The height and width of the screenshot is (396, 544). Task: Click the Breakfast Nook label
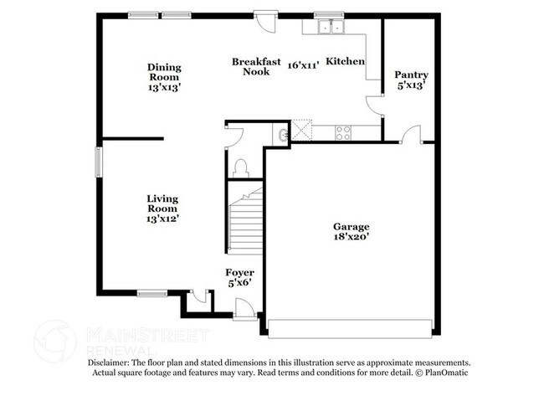(x=255, y=66)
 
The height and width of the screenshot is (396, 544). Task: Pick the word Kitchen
(x=345, y=61)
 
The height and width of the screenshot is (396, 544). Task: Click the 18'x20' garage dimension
(x=351, y=238)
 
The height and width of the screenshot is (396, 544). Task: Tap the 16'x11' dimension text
(x=303, y=65)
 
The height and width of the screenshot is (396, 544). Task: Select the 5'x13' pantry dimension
(x=411, y=86)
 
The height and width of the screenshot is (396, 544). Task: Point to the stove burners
(x=342, y=132)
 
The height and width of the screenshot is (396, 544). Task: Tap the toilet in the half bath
(x=241, y=167)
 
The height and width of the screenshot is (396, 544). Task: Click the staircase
(x=245, y=222)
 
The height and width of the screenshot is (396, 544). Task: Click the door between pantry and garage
(x=410, y=136)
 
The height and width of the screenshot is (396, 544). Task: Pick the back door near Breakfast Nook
(x=266, y=20)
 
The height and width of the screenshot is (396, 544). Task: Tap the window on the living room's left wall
(x=98, y=161)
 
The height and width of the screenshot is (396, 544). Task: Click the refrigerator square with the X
(x=300, y=131)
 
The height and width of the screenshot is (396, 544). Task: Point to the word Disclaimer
(x=112, y=363)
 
